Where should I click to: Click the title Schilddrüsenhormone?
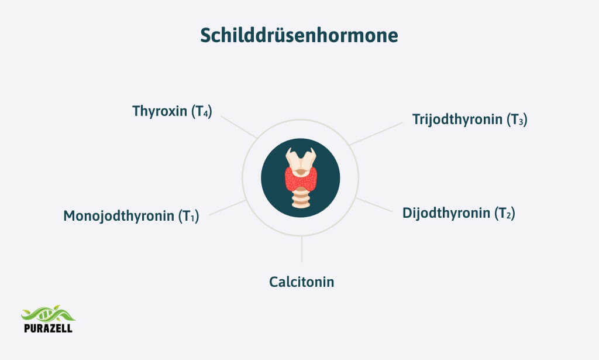[299, 36]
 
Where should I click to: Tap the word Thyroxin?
[159, 111]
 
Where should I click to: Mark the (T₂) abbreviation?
[504, 214]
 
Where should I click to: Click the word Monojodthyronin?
[119, 216]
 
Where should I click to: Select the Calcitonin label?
[302, 282]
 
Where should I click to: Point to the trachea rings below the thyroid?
[300, 201]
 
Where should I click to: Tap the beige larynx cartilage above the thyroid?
[300, 159]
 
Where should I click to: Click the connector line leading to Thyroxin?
[239, 126]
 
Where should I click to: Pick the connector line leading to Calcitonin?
[302, 249]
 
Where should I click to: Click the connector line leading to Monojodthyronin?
[227, 207]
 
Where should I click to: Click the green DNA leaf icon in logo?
[47, 314]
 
